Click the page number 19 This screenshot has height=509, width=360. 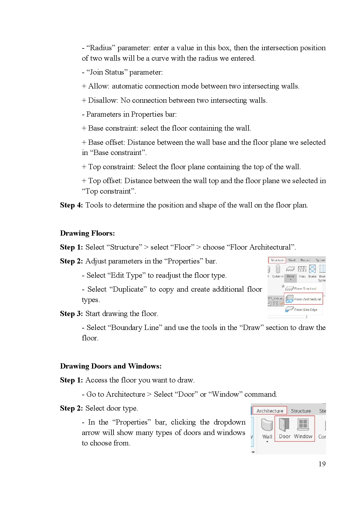pyautogui.click(x=322, y=464)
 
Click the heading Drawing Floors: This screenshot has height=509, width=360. pyautogui.click(x=87, y=233)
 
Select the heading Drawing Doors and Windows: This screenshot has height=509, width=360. pyautogui.click(x=111, y=366)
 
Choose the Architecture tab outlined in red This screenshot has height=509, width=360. pyautogui.click(x=270, y=411)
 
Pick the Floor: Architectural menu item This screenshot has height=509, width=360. pyautogui.click(x=304, y=299)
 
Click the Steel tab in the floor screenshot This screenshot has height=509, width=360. pyautogui.click(x=292, y=260)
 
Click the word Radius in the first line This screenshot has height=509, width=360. pyautogui.click(x=101, y=48)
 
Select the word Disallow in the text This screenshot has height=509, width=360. pyautogui.click(x=102, y=100)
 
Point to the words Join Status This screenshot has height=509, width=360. pyautogui.click(x=107, y=72)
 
